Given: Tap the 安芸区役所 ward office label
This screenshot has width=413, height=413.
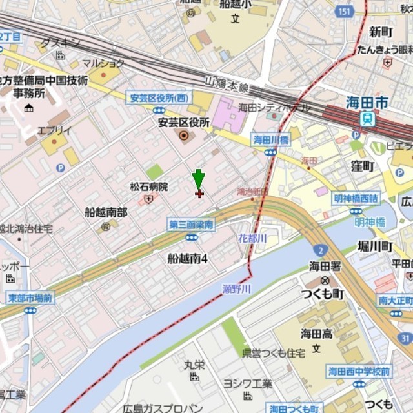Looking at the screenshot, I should (x=184, y=121).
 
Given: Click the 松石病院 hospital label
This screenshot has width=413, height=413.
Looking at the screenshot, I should (x=148, y=186).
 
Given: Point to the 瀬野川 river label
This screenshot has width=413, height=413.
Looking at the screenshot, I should (x=236, y=289).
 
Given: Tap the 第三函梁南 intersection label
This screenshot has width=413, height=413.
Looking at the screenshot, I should (x=192, y=225).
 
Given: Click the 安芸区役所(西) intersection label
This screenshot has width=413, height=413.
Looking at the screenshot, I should (x=159, y=98).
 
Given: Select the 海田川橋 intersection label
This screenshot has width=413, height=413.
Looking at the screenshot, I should (x=270, y=139).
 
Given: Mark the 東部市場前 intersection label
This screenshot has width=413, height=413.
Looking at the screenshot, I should (x=30, y=298).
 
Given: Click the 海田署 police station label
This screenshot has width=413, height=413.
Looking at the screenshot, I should (x=325, y=266).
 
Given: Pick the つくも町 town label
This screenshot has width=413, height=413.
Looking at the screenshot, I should (x=322, y=294).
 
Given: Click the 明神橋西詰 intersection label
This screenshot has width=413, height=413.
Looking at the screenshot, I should (x=356, y=198).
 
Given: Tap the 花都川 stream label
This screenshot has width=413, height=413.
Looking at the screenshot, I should (x=252, y=238).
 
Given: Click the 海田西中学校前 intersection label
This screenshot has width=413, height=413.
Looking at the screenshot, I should (x=359, y=371).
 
